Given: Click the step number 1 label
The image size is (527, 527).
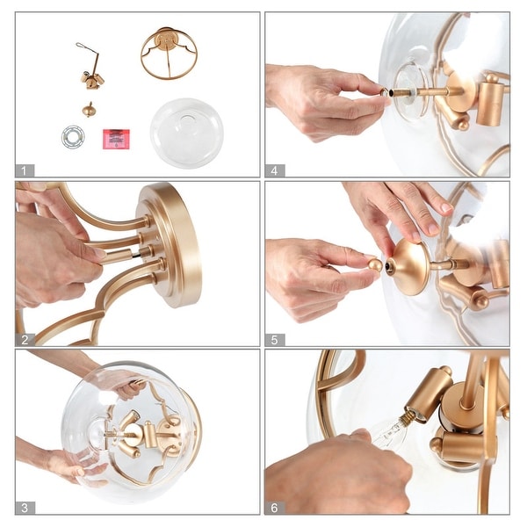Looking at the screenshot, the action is pos(25,170).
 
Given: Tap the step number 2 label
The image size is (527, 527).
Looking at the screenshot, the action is pos(25,340).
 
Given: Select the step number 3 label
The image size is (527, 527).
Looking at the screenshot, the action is pos(25,508).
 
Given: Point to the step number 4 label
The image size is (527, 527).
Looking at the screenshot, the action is pos(275,170).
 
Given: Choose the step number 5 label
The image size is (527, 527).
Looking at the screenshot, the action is pos(275,340).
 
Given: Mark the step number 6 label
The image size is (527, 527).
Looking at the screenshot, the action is pos(275,508).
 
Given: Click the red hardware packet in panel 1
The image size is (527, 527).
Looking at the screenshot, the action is pos(116,139).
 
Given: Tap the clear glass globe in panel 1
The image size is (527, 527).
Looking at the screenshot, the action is pos(187,133).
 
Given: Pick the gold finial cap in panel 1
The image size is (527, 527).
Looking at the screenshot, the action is pos(88,110).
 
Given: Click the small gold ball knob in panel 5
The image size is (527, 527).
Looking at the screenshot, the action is pos(375,264).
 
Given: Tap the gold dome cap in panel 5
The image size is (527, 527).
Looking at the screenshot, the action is pos(408,266).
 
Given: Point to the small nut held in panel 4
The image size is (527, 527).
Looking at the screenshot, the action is pos(384,91).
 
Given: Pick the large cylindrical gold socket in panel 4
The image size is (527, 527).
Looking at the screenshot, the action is pos(491,100).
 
